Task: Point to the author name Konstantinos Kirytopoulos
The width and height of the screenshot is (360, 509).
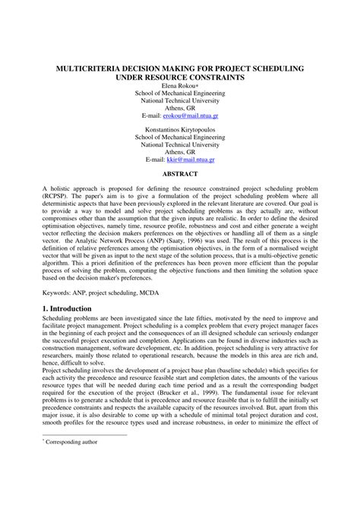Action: [x=179, y=130]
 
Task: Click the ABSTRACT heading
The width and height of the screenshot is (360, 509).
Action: [x=180, y=175]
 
